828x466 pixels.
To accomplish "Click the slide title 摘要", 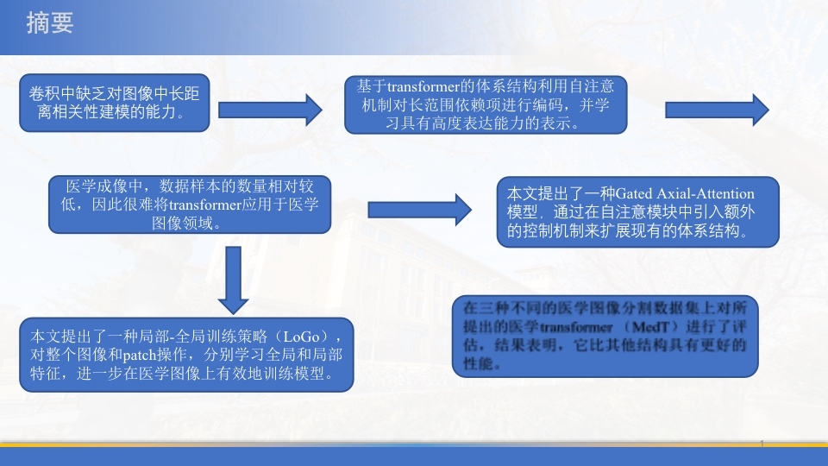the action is (50, 24).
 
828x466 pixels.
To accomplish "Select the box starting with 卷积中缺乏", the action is (115, 103).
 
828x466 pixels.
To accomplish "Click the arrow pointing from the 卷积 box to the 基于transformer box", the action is (270, 110).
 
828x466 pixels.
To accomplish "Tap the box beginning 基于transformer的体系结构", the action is (486, 104).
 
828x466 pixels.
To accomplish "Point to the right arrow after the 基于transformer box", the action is (717, 110).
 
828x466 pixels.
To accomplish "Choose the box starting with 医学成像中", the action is (190, 205).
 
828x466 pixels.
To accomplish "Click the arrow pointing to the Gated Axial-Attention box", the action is (420, 210).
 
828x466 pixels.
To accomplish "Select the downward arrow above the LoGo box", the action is (233, 280).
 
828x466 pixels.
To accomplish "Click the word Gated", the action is (634, 193).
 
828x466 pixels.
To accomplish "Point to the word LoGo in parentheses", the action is (302, 337).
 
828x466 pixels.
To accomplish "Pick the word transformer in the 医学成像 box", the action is (205, 205).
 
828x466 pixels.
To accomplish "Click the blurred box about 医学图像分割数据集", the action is (605, 336).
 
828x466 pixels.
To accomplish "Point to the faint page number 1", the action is (762, 444).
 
